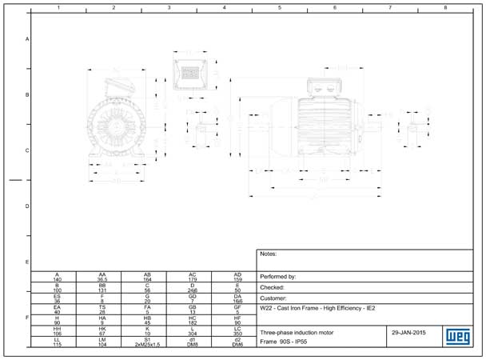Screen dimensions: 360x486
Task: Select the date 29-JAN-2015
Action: [408, 331]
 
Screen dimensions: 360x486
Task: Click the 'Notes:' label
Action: [269, 254]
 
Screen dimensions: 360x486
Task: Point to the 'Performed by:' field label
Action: [279, 276]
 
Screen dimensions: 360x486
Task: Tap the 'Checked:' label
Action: [273, 286]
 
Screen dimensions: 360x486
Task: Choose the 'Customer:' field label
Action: [275, 297]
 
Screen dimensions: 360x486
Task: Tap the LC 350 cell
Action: [237, 331]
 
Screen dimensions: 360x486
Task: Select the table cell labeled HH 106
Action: [57, 331]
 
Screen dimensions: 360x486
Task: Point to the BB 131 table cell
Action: [102, 287]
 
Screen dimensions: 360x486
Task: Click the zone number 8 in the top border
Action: [445, 7]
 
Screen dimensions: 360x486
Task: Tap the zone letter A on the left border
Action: [28, 39]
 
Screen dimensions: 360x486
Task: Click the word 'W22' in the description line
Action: [267, 308]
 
